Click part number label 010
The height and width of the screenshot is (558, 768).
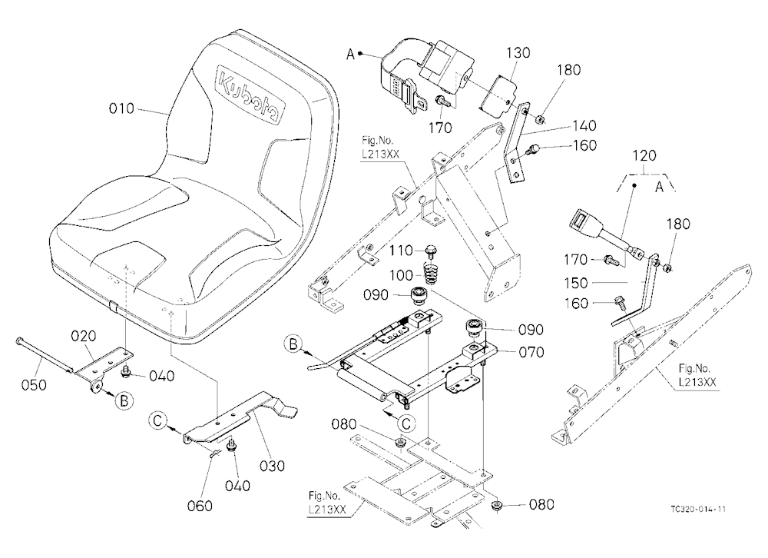click(x=121, y=108)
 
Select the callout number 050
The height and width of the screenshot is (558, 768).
click(x=34, y=385)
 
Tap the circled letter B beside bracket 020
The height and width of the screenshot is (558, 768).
click(x=124, y=400)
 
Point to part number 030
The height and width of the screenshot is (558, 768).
click(x=272, y=465)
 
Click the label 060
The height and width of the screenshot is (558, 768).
click(x=200, y=505)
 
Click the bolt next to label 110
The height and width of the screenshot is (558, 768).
click(x=431, y=251)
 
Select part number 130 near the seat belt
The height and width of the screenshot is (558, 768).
click(x=518, y=52)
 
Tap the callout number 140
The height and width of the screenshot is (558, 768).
click(x=584, y=125)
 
